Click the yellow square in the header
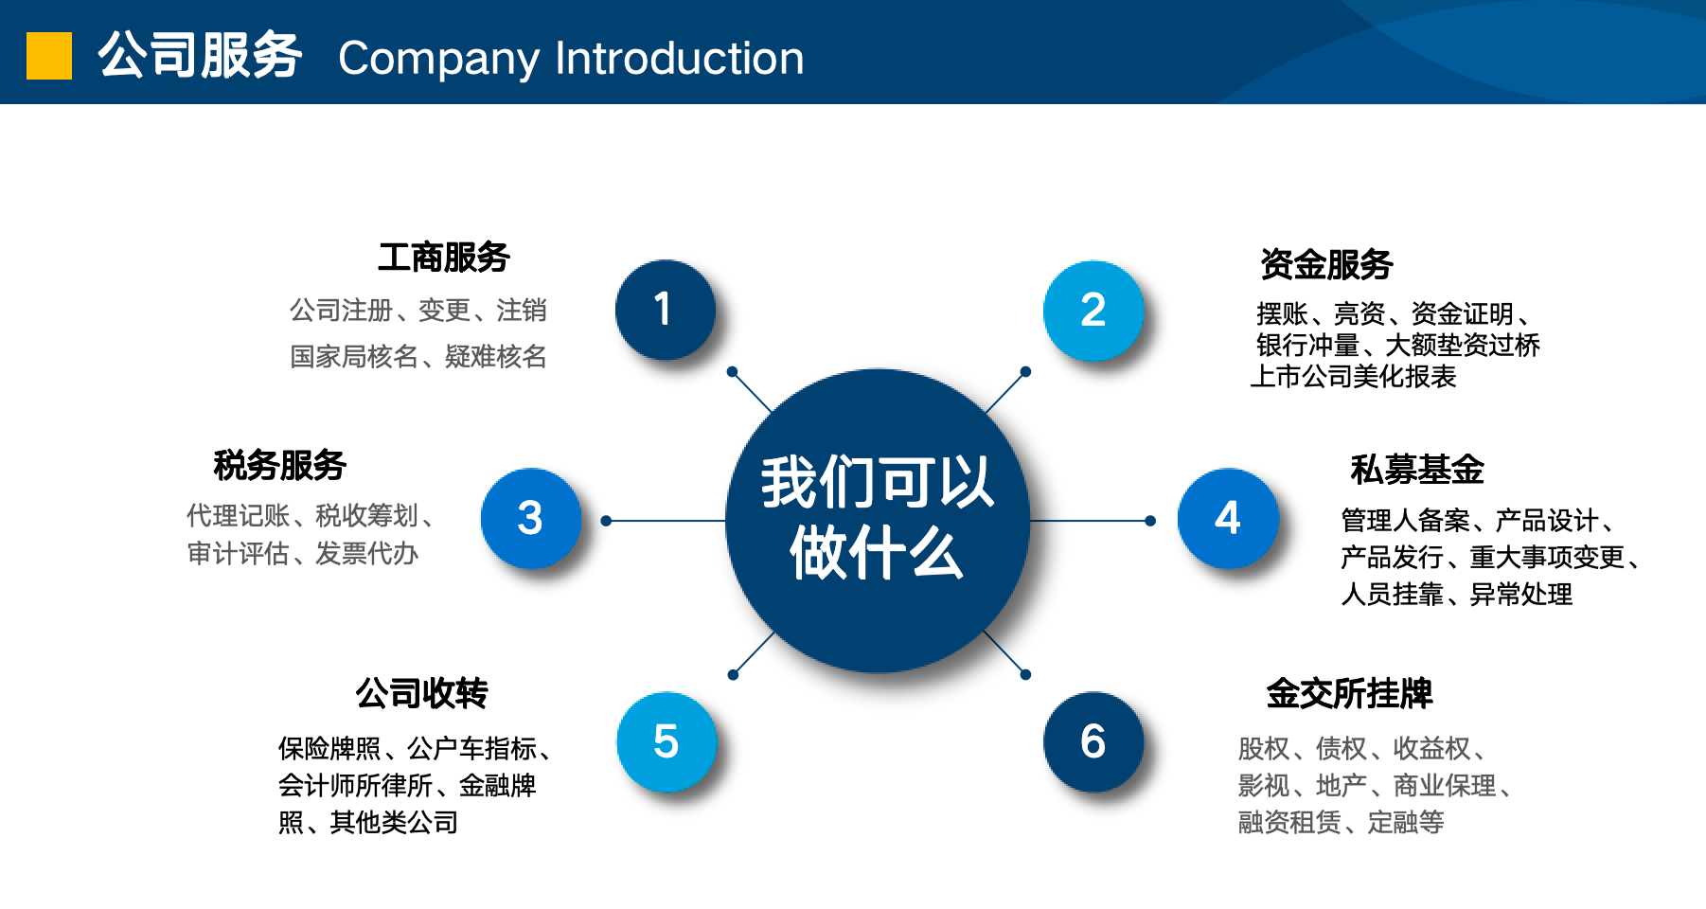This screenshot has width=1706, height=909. click(49, 56)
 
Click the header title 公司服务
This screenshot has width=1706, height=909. click(200, 56)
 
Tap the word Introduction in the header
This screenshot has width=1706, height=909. click(679, 59)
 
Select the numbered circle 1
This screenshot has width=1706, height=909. click(665, 310)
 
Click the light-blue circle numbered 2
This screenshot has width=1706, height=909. click(1093, 311)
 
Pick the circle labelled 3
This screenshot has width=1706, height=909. click(530, 518)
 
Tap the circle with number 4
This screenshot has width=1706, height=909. click(1227, 518)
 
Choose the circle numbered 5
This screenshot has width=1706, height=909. click(666, 741)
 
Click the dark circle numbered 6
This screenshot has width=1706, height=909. click(1093, 741)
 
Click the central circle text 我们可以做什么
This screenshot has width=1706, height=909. click(877, 518)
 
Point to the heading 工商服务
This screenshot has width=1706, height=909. click(444, 258)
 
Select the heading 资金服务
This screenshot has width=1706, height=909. click(1325, 265)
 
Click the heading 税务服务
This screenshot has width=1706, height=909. click(280, 466)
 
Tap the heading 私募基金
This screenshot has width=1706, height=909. click(1416, 470)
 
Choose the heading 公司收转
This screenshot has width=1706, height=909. click(422, 694)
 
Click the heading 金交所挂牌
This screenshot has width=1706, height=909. click(1349, 694)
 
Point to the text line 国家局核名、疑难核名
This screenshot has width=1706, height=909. click(418, 357)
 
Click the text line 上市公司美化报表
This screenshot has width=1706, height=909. click(1354, 377)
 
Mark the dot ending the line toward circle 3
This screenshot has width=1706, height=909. click(606, 521)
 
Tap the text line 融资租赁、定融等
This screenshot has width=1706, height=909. click(1341, 822)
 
